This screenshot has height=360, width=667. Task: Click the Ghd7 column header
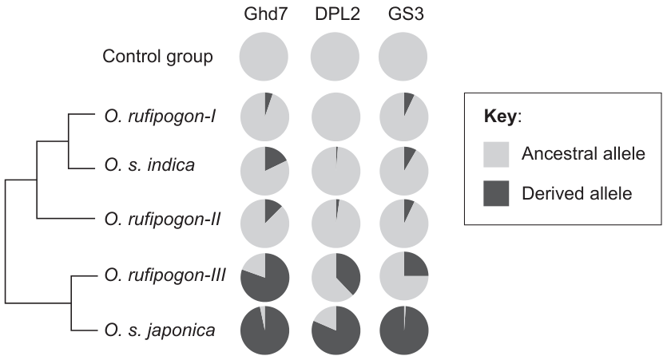point(265,14)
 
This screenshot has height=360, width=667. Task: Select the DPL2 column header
point(337,14)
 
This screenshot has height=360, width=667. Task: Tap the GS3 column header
point(405,14)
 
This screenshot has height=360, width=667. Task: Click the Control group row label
point(157,57)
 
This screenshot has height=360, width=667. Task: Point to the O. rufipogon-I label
point(160,116)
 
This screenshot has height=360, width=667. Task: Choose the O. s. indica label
point(149,164)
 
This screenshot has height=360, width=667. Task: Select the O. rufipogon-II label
point(162,220)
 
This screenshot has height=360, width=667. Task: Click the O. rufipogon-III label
point(165,275)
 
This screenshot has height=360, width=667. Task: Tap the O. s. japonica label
point(160,330)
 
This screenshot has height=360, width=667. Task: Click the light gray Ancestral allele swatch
point(496,154)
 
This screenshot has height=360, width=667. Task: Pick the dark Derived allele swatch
point(496,193)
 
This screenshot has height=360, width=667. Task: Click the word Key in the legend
point(500,116)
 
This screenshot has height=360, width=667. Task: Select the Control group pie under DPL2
point(335,57)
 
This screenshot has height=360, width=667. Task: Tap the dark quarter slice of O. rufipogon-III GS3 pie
point(414,265)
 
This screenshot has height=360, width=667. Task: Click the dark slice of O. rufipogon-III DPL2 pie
point(347,272)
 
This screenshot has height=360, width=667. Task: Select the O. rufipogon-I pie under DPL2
point(336,117)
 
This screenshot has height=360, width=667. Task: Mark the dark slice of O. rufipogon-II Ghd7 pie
point(271,209)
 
